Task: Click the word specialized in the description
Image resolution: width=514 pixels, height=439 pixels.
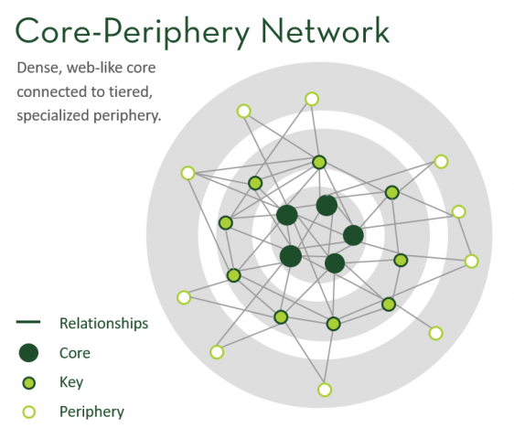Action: [53, 116]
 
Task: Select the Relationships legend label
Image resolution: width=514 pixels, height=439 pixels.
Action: [104, 323]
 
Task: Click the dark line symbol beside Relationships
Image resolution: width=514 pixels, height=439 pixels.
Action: [28, 322]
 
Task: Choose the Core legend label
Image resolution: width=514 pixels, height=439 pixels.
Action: [75, 353]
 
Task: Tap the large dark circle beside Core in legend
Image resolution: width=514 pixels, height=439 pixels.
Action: [29, 353]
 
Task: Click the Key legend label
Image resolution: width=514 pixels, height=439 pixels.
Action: [71, 382]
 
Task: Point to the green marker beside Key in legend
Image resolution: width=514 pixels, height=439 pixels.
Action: [29, 383]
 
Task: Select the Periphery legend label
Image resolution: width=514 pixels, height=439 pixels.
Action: [91, 412]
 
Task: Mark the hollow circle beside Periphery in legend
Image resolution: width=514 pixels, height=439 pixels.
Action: [29, 412]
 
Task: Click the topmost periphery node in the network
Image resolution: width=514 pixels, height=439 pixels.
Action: [312, 99]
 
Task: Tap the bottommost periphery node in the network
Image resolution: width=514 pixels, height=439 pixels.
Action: [325, 390]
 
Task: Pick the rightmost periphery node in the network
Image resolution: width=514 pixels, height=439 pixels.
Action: [471, 262]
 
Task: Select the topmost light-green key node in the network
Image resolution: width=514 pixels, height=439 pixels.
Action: [319, 162]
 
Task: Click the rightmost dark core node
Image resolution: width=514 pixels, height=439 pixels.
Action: [353, 235]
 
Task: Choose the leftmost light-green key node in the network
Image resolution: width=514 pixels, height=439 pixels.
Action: [226, 223]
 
